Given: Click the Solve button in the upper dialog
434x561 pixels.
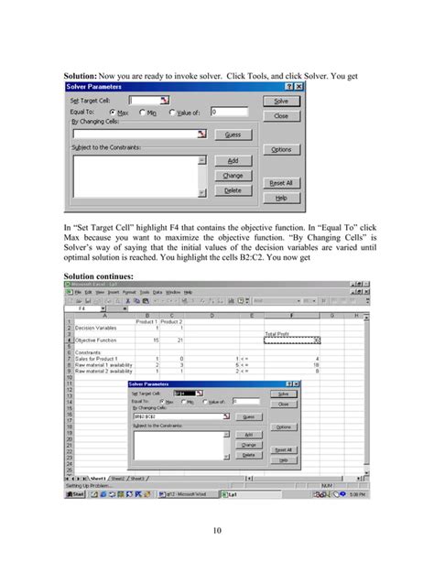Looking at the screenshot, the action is click(x=281, y=101).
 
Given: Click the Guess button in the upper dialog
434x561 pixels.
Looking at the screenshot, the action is click(x=233, y=135).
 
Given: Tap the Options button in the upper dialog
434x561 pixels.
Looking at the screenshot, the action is click(x=281, y=149).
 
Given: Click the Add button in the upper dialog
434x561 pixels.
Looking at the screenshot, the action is click(x=233, y=160).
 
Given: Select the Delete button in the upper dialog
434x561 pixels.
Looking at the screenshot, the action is click(x=233, y=190).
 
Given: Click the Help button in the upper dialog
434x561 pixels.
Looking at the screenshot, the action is click(x=281, y=197).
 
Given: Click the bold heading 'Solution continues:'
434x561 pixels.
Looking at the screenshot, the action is click(x=98, y=275).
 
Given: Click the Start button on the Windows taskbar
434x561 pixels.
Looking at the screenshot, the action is click(x=75, y=492).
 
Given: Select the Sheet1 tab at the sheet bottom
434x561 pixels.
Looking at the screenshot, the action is click(x=94, y=477).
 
